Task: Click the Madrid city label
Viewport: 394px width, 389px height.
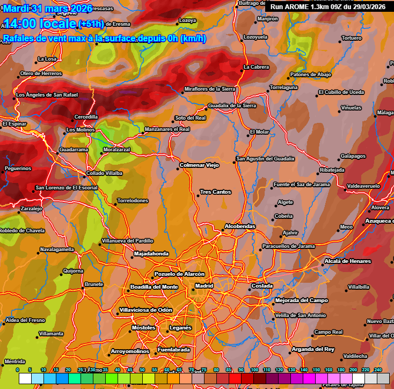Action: tap(204, 286)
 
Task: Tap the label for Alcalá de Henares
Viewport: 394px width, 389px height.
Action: tap(347, 261)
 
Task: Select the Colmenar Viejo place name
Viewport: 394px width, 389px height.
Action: tap(199, 165)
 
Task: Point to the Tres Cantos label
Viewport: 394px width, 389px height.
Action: tap(215, 192)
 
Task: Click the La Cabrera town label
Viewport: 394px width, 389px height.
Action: tap(256, 67)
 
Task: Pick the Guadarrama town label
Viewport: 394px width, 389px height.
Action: tap(74, 150)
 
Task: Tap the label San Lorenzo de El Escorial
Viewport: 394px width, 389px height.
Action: tap(67, 188)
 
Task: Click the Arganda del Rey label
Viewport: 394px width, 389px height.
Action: tap(313, 349)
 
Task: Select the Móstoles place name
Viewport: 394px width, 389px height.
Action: tap(143, 327)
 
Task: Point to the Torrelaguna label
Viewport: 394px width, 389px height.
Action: tap(283, 87)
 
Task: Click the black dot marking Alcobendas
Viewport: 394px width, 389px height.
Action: tap(223, 231)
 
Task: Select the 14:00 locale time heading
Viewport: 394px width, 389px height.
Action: tap(40, 24)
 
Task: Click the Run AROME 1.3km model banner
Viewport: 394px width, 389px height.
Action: tap(328, 6)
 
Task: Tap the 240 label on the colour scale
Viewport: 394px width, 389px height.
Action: tap(378, 370)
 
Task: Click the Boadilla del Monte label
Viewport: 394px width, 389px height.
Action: tap(154, 287)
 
